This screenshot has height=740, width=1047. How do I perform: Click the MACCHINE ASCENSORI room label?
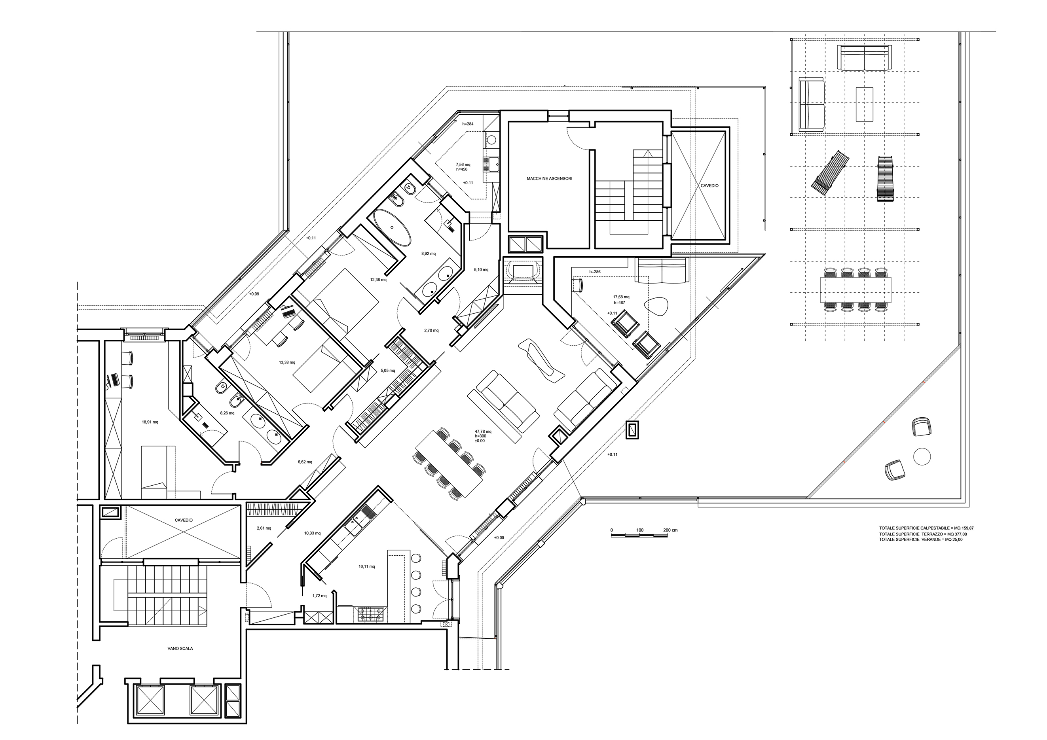pyautogui.click(x=549, y=179)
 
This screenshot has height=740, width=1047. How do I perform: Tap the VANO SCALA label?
pyautogui.click(x=180, y=648)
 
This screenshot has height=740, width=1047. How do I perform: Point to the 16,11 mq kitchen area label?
pyautogui.click(x=367, y=566)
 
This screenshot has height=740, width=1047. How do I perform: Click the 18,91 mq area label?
pyautogui.click(x=150, y=422)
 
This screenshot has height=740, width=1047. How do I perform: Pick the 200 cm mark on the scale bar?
pyautogui.click(x=671, y=530)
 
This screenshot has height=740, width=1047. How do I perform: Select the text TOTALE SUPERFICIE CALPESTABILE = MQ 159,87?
pyautogui.click(x=927, y=528)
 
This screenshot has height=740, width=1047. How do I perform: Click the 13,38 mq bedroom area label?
pyautogui.click(x=287, y=363)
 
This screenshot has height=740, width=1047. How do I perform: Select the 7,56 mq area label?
pyautogui.click(x=463, y=165)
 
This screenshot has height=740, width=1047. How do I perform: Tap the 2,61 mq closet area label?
pyautogui.click(x=264, y=528)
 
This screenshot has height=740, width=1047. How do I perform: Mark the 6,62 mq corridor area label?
pyautogui.click(x=305, y=462)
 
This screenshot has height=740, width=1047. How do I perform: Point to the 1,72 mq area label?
pyautogui.click(x=319, y=596)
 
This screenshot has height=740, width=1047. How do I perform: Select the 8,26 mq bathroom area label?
pyautogui.click(x=227, y=413)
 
